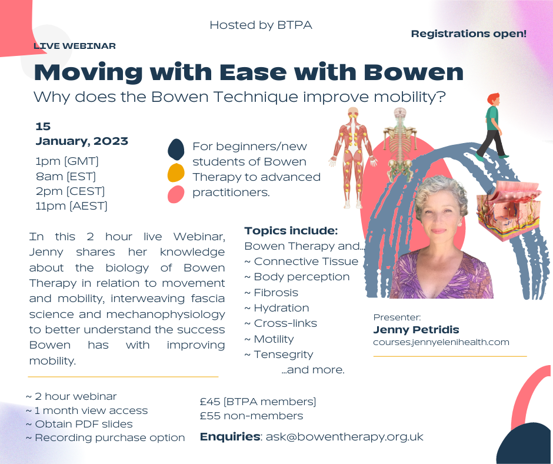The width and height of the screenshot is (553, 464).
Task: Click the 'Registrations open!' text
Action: coord(468,34)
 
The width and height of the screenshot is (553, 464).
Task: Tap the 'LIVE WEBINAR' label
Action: coord(74,46)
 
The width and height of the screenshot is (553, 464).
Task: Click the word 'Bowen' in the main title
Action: coord(414,72)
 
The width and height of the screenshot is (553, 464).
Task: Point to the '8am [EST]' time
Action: coord(65,175)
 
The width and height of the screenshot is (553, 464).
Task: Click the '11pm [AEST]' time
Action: coord(71,206)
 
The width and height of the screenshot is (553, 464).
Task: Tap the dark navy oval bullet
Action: coord(176,150)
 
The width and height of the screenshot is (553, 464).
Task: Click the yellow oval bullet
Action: coord(176,173)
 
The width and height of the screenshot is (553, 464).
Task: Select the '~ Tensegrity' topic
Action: coord(278,354)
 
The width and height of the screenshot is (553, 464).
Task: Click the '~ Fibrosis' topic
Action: coord(271,293)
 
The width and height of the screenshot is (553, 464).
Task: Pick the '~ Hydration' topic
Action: coord(276,308)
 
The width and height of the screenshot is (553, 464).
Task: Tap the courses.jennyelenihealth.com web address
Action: coord(441,342)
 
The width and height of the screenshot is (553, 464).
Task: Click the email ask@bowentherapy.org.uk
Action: coord(344,437)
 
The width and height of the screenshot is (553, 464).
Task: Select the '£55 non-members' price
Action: coord(251,416)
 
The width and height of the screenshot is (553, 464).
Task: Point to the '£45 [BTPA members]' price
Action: coord(258,402)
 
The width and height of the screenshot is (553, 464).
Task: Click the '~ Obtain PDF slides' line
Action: coord(79,424)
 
